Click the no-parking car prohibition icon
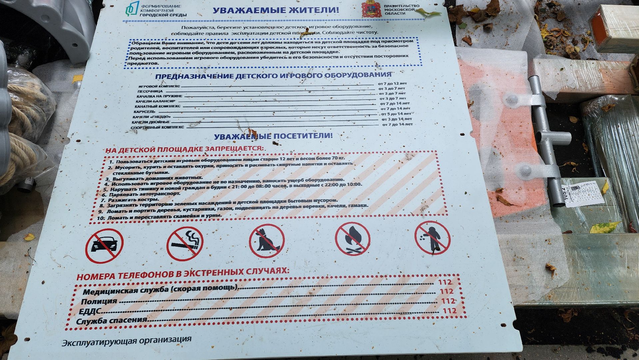(x=104, y=246)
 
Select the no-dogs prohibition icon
(x=267, y=241)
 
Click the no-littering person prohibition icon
(x=432, y=238)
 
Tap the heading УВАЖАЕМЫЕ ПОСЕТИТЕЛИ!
(x=273, y=136)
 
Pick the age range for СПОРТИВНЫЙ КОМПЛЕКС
(x=397, y=124)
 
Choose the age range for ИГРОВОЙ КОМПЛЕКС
(x=392, y=83)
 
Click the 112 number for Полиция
(x=446, y=291)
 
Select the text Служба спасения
(x=112, y=321)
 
